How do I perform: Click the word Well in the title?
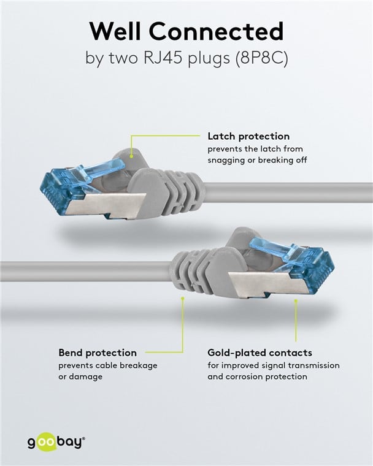click(115, 31)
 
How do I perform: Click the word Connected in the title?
click(216, 31)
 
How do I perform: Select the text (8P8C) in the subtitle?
click(261, 58)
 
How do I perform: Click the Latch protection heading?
click(248, 136)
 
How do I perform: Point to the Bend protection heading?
click(98, 353)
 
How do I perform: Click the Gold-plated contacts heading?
click(260, 353)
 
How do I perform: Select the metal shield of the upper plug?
click(106, 205)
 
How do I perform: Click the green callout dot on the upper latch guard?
click(131, 155)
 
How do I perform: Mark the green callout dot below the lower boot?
click(183, 297)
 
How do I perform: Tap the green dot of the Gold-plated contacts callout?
click(296, 301)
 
